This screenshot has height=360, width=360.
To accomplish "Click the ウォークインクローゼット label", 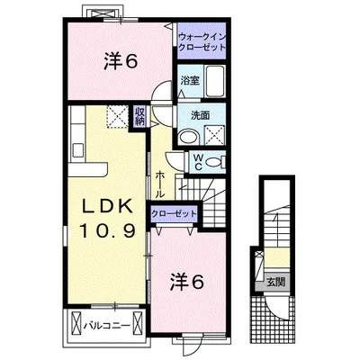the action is pos(202,42).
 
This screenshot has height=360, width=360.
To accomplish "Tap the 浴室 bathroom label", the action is pos(190,81).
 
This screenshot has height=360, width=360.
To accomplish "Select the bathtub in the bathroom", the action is pos(215,80).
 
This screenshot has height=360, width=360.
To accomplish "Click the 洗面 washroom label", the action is pos(201,115).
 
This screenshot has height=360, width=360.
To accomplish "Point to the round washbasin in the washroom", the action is pos(188,137).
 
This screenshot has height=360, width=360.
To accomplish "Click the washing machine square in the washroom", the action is pos(214,135).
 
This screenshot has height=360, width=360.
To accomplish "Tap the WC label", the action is pos(198,162).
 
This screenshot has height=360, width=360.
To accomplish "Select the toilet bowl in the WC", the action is pos(214,162).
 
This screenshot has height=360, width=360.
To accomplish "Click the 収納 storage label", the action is pos(139,116).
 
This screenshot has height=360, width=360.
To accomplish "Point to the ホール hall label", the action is pos(160,184).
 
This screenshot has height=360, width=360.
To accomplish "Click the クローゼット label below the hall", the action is pos(174,214).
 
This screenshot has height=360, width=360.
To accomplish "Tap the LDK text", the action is pos(107,206).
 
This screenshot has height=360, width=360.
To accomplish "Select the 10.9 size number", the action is pos(107,230).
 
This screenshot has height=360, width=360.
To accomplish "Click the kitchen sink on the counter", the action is pos(78,150).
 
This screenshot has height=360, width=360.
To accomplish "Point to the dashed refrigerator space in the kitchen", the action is pos(117,116).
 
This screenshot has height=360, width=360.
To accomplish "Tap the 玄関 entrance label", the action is pos(276,282).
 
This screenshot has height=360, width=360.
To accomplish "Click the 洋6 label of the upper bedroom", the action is pos(121,62).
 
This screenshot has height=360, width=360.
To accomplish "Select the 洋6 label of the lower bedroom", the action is pos(187,283).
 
